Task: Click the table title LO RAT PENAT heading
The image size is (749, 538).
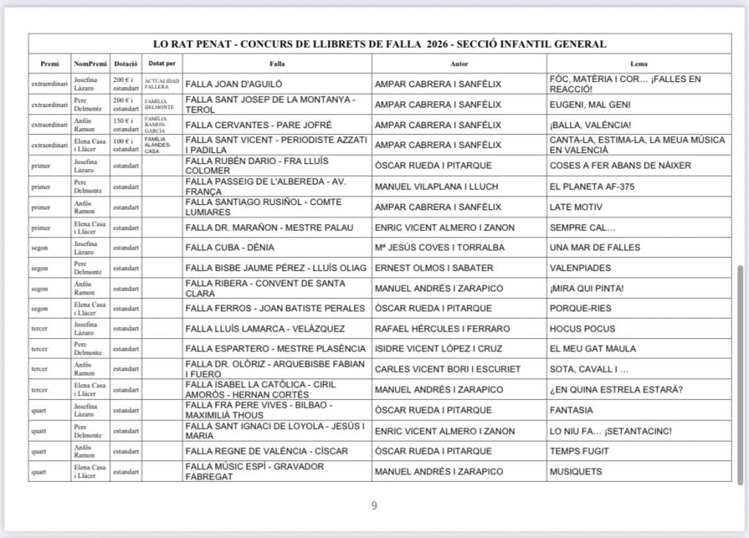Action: point(380,44)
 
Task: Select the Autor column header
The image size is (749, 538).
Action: point(459,64)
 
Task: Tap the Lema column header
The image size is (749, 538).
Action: point(639,64)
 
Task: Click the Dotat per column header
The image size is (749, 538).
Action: point(162,64)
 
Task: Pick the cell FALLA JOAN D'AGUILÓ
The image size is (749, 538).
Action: point(234,84)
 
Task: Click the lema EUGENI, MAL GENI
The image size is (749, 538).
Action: point(590,105)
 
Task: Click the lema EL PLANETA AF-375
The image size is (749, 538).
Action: point(592,187)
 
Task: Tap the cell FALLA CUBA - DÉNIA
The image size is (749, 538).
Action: point(230,247)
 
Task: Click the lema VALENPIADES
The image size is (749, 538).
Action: point(579,268)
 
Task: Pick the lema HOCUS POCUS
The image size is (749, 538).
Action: point(582,329)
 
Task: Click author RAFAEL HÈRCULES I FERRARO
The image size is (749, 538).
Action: point(442,329)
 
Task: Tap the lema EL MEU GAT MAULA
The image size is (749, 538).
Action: point(592,348)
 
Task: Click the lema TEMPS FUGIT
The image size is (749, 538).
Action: point(581,451)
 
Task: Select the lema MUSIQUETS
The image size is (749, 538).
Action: point(576,471)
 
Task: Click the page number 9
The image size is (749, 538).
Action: point(374,505)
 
